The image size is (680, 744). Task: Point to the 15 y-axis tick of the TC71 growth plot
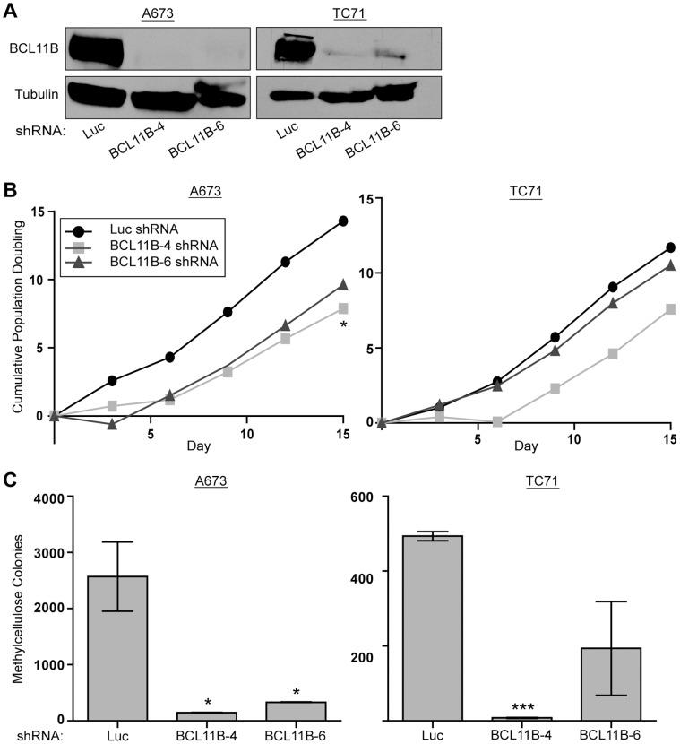pos(367,198)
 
